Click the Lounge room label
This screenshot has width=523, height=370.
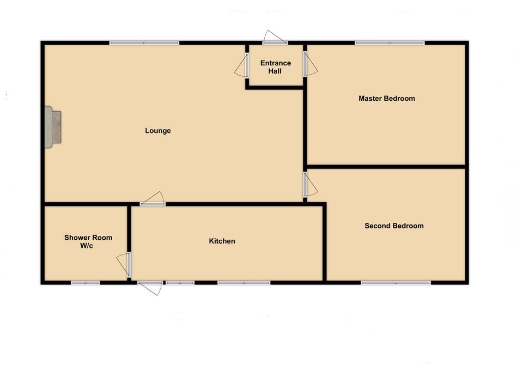(x=158, y=131)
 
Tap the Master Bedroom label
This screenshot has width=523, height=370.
(x=387, y=99)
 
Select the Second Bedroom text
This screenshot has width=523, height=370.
(x=394, y=226)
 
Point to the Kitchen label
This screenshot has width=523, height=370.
(x=222, y=241)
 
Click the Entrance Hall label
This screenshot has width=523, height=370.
(x=276, y=67)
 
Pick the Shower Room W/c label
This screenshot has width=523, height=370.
(x=88, y=241)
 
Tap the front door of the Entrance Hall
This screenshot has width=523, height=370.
(x=276, y=41)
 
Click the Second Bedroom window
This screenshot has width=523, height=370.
(x=396, y=282)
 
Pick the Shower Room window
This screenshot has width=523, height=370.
(x=86, y=282)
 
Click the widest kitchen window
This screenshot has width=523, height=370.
(x=244, y=282)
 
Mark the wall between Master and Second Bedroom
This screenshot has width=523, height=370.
(x=386, y=166)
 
